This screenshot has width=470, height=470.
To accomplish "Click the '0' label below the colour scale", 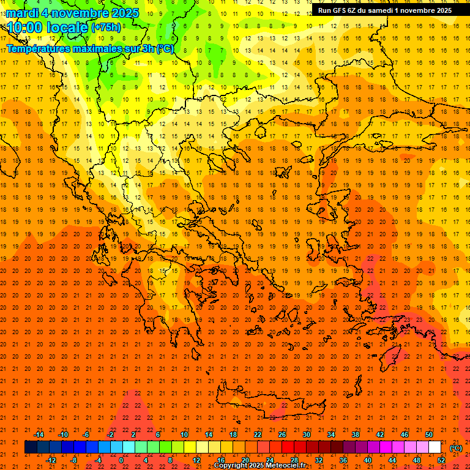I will click(121, 460).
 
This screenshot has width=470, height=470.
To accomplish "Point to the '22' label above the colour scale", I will click(257, 435).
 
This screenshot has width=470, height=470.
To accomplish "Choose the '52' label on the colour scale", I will click(441, 460).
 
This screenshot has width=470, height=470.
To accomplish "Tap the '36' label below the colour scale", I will click(343, 460).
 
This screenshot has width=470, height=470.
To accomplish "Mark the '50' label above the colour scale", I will click(429, 435).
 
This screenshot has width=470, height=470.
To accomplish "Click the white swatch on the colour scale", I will click(435, 447).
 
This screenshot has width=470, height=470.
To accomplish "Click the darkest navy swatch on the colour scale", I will click(31, 447).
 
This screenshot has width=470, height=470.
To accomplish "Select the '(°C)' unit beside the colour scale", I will click(455, 448).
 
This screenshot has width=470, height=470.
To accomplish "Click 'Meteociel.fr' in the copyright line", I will click(286, 466).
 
